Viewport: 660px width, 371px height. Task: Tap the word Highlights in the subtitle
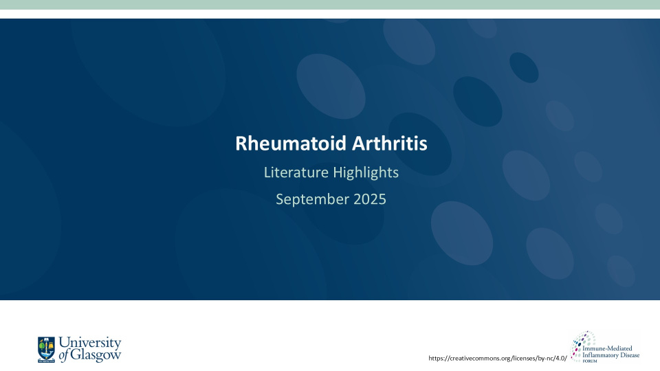point(366,172)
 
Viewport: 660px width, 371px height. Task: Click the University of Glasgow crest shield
point(47,348)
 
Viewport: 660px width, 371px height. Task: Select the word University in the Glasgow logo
point(90,343)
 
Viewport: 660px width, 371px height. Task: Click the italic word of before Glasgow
point(65,355)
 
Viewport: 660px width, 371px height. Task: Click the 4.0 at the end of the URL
point(561,358)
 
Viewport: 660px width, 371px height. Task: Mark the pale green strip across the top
point(330,5)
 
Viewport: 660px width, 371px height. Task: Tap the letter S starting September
point(280,199)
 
